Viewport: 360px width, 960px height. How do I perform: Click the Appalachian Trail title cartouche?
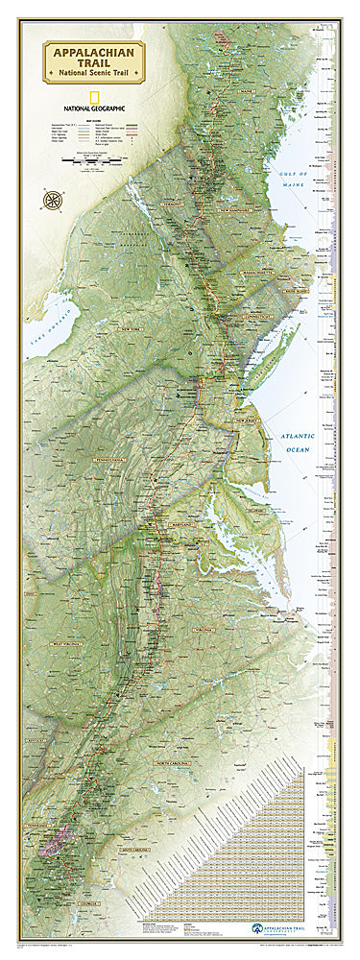click(94, 62)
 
